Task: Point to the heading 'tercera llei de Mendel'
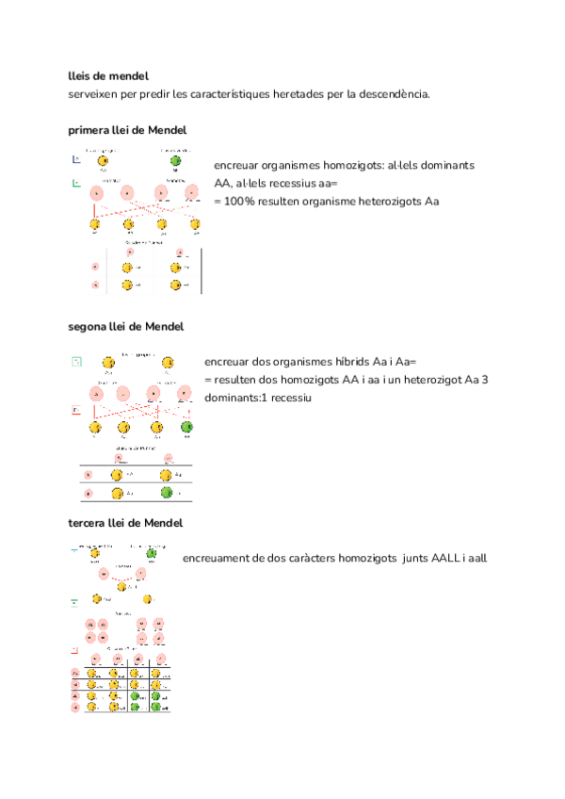point(125,522)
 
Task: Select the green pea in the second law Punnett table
point(168,493)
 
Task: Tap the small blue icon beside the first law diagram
point(76,160)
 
